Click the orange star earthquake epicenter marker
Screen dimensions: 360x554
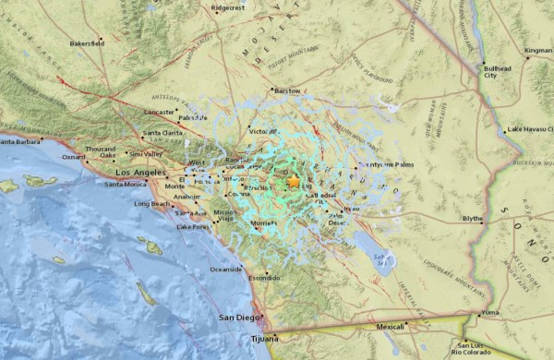click(294, 182)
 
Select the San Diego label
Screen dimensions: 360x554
click(235, 318)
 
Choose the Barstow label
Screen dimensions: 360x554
click(288, 91)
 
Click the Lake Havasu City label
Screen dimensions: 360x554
click(529, 128)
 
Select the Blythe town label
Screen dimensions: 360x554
click(473, 218)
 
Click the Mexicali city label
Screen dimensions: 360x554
click(391, 327)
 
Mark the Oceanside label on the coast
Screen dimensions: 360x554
click(226, 270)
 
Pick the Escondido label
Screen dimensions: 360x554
click(264, 278)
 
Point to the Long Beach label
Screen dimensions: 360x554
click(151, 203)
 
